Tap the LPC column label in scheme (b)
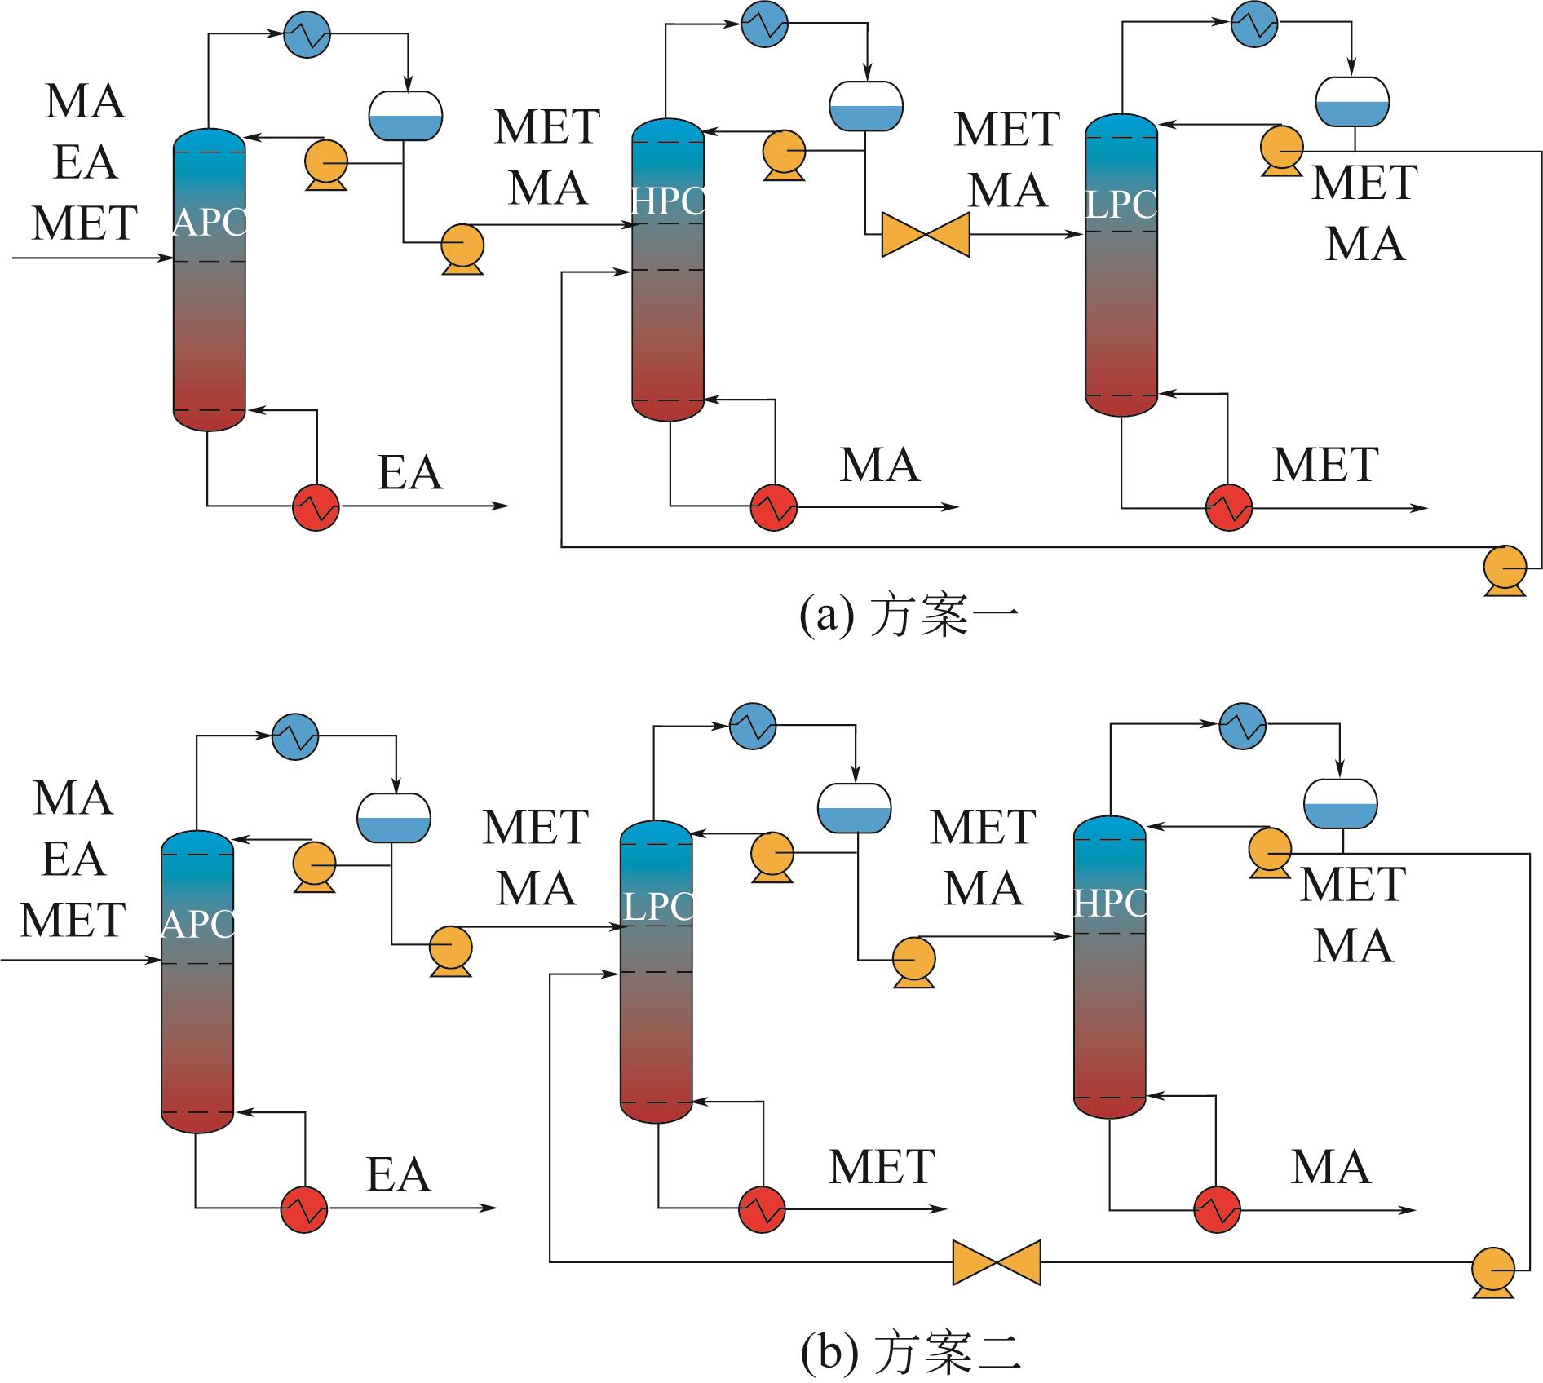[x=657, y=906]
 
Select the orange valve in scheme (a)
[x=926, y=235]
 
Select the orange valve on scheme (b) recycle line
[x=997, y=1263]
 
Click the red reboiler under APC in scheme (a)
[x=316, y=507]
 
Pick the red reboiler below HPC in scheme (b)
[x=1217, y=1208]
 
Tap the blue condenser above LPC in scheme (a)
[x=1254, y=25]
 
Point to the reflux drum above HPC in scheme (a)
[x=865, y=106]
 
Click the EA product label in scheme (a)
[x=410, y=473]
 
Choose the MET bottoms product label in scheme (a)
[x=1325, y=465]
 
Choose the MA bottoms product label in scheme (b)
[x=1330, y=1167]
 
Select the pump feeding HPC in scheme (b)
[x=913, y=961]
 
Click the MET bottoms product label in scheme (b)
[x=882, y=1167]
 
